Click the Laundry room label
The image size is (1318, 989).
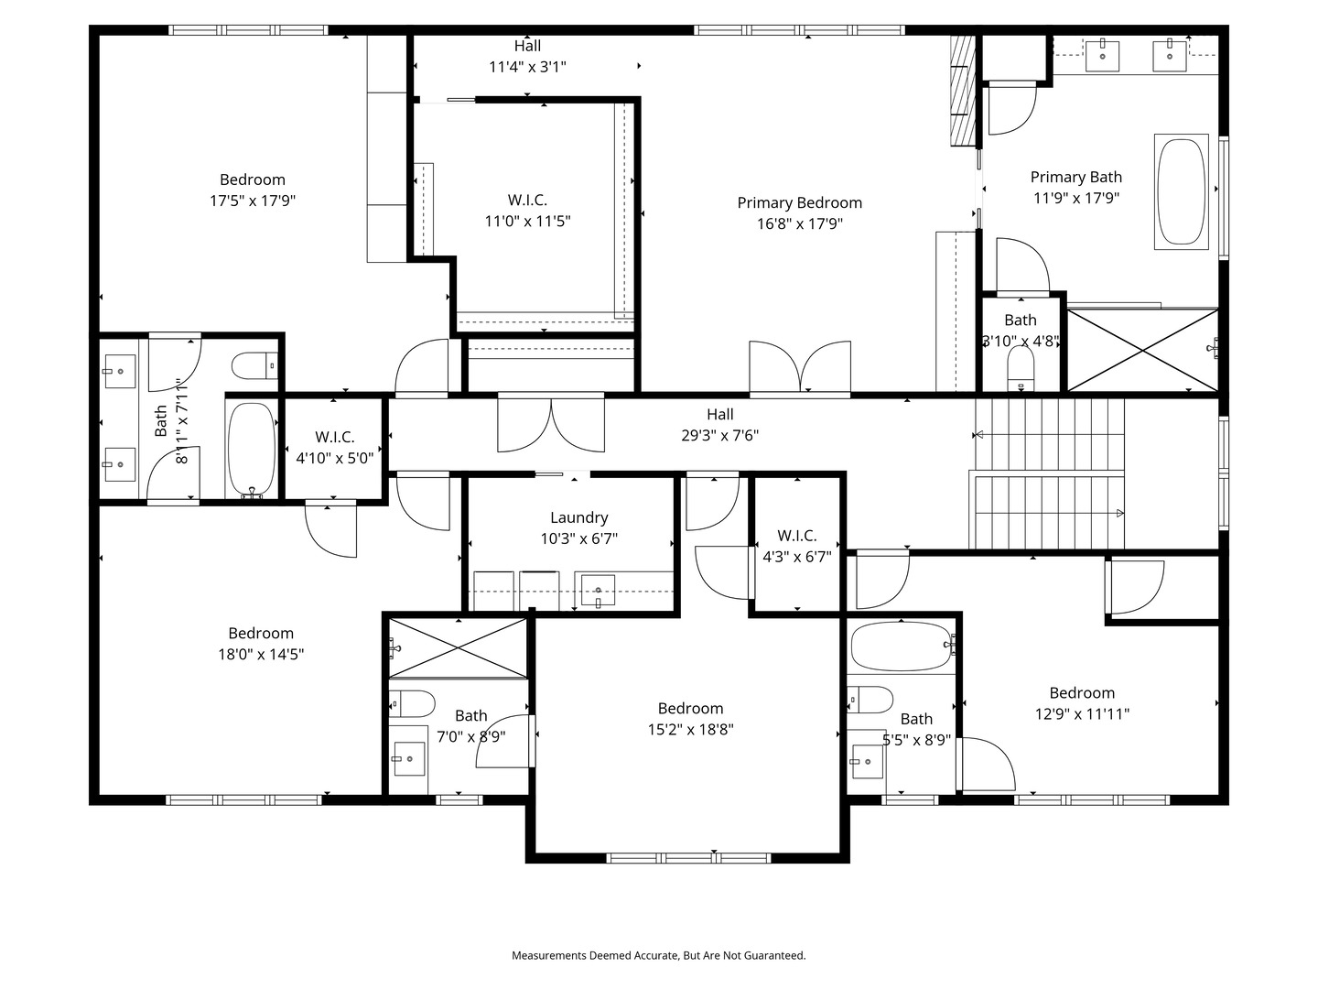click(578, 518)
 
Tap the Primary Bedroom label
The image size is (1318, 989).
click(799, 203)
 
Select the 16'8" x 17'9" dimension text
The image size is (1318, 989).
click(799, 224)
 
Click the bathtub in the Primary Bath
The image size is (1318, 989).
click(1182, 192)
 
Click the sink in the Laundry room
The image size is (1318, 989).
click(598, 591)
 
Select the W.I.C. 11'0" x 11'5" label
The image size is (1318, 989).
click(527, 211)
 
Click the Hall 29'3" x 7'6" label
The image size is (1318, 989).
click(719, 425)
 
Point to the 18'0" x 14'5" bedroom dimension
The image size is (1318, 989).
click(261, 655)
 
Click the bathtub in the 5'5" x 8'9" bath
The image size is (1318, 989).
click(901, 647)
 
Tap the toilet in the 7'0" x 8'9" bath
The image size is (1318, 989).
click(413, 704)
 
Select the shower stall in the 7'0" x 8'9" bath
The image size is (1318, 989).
click(458, 647)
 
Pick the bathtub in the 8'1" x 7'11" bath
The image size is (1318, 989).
click(251, 449)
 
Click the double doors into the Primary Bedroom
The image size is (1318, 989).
click(800, 369)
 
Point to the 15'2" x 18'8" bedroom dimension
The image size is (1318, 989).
click(690, 730)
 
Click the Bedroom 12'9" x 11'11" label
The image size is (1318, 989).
click(1082, 703)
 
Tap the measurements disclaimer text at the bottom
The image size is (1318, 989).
click(658, 955)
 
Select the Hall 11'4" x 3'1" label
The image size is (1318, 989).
click(527, 56)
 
